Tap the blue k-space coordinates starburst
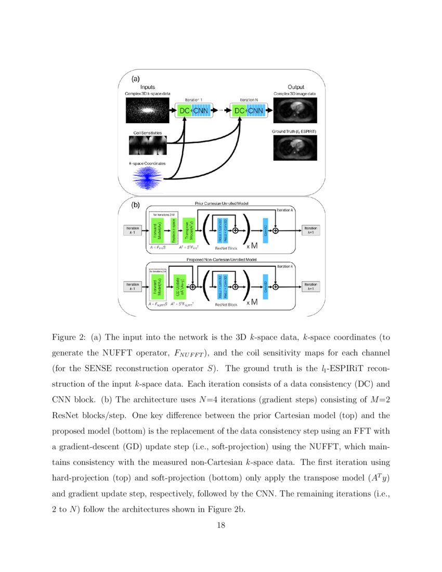click(x=148, y=177)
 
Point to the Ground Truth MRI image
click(x=295, y=147)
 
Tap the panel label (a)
click(x=136, y=79)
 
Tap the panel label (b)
click(x=136, y=205)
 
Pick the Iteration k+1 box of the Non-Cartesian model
click(x=311, y=287)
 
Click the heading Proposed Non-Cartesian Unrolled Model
click(x=223, y=258)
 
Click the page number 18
click(x=220, y=526)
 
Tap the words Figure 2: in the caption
click(x=67, y=337)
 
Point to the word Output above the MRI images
click(x=296, y=87)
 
